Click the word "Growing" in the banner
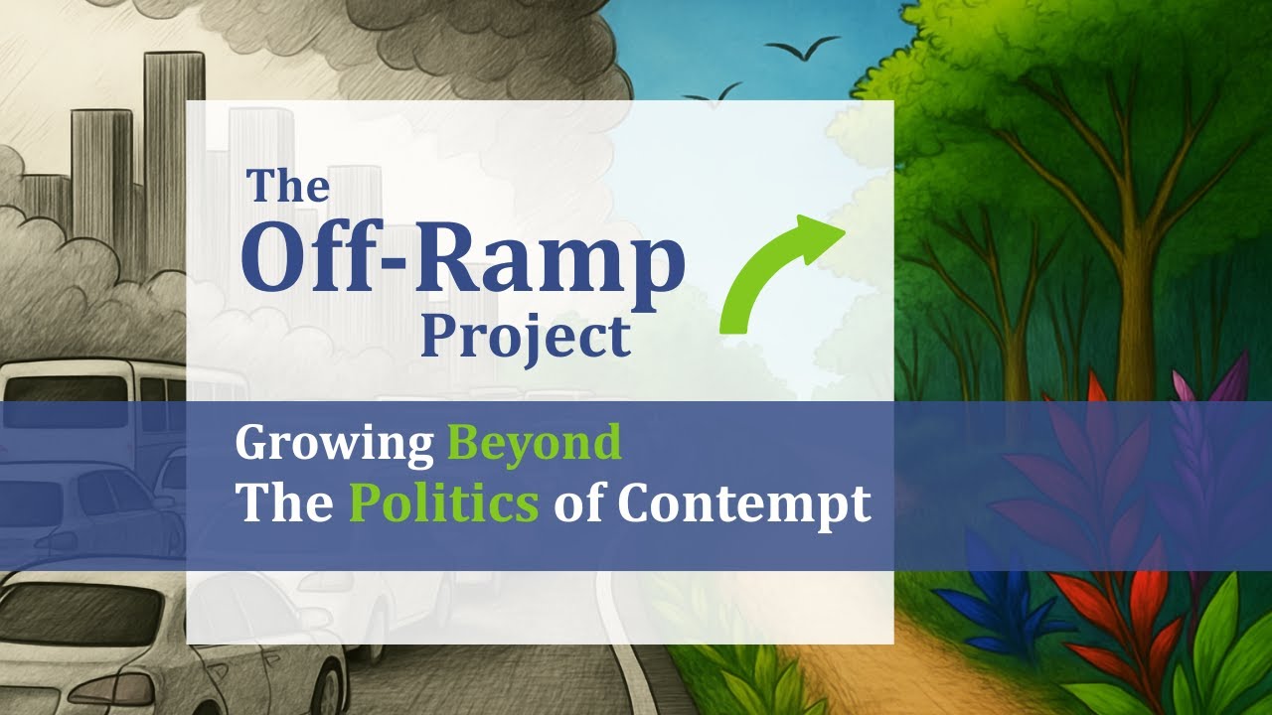(x=334, y=443)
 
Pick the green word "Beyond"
(x=535, y=443)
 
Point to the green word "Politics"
(x=443, y=503)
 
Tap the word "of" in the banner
(x=577, y=503)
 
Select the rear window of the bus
(x=65, y=387)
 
